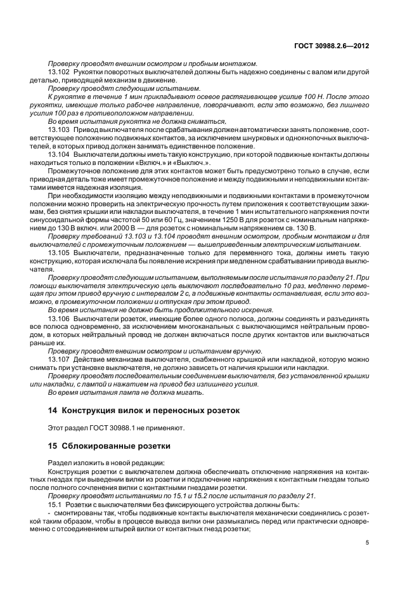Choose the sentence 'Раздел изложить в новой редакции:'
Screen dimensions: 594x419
[95, 463]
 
